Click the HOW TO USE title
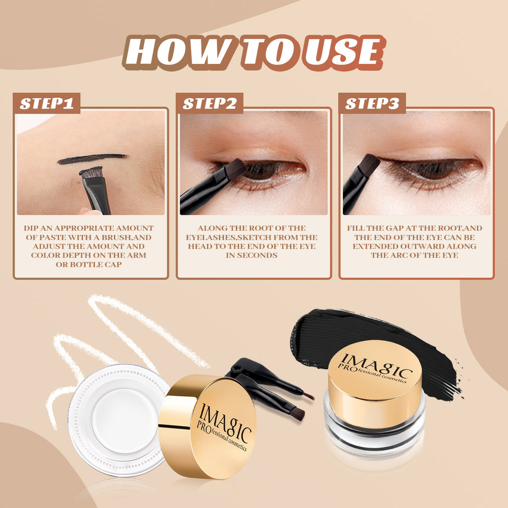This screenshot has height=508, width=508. [253, 53]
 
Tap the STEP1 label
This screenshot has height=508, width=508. [47, 103]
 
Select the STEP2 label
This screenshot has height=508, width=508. [209, 103]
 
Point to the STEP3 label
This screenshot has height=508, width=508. [372, 103]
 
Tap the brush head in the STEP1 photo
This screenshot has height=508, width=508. [91, 173]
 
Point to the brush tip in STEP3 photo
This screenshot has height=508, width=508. [369, 164]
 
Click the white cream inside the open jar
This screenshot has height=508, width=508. [119, 420]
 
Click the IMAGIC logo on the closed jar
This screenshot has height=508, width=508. [375, 367]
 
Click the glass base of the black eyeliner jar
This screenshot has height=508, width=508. [374, 437]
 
